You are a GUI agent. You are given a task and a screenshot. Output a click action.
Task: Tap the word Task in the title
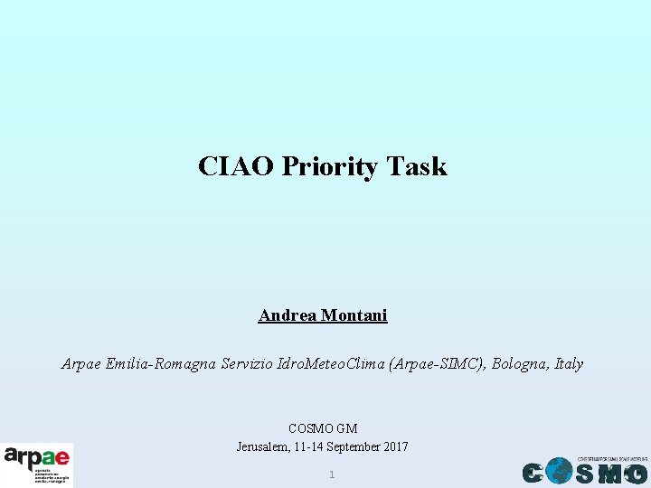click(417, 166)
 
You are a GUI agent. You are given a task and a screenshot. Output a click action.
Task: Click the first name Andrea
click(288, 315)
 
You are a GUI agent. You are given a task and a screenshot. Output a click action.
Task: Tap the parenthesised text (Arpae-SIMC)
click(437, 364)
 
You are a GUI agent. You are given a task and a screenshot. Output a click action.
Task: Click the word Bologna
click(520, 364)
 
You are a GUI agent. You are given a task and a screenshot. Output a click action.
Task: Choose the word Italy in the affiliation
click(569, 364)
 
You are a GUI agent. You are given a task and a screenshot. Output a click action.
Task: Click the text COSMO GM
click(323, 428)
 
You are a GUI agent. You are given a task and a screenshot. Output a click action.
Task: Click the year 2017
click(396, 446)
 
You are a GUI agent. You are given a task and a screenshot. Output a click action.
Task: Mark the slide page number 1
click(332, 474)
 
